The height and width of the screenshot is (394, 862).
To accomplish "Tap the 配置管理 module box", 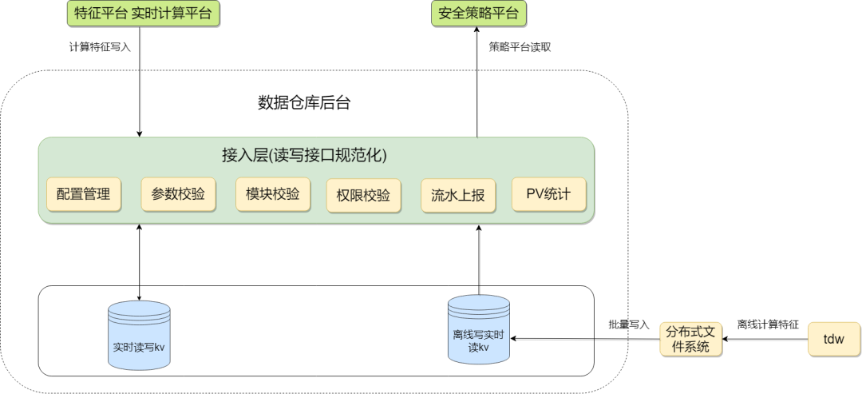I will pos(83,193).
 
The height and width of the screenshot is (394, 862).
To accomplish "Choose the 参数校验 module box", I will pos(178,193).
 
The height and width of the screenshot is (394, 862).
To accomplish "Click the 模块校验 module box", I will pos(272,193).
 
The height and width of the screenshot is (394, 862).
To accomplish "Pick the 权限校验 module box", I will pos(363,195).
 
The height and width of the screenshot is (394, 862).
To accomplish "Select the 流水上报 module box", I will pos(458,195).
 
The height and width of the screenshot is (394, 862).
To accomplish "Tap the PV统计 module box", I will pos(548,193).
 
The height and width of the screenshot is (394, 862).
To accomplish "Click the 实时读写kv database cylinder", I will pos(139,336).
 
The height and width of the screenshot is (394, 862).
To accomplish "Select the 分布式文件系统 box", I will pos(691,339).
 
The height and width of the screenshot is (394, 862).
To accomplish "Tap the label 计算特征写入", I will pos(100,47).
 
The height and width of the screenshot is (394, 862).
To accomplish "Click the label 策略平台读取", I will pos(520,47).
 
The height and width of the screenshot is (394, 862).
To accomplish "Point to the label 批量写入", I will pos(629,324).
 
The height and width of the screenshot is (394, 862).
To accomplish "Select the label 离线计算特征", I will pos(767,324).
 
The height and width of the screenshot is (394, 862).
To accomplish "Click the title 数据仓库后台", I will pos(304,102).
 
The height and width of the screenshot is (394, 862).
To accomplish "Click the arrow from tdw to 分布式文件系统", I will pos(767,339).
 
